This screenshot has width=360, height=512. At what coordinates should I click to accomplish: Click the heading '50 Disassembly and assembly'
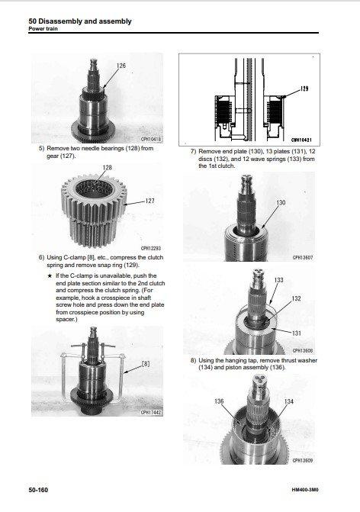[x=80, y=21]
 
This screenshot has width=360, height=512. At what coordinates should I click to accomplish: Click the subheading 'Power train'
[x=43, y=29]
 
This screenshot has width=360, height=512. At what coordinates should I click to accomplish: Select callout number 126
[x=121, y=66]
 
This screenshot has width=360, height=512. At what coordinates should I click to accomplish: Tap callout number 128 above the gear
[x=107, y=168]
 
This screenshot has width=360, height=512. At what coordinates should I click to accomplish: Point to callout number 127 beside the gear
[x=149, y=201]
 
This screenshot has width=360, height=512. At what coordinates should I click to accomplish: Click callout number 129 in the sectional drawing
[x=304, y=89]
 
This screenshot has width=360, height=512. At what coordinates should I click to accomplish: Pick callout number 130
[x=281, y=202]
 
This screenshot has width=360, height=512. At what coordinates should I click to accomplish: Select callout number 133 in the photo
[x=278, y=280]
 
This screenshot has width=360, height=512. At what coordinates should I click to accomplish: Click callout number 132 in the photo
[x=296, y=298]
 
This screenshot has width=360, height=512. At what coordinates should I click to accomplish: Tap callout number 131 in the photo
[x=297, y=333]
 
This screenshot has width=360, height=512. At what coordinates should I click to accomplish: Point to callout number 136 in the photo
[x=219, y=401]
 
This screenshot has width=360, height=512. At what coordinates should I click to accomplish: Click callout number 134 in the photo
[x=289, y=401]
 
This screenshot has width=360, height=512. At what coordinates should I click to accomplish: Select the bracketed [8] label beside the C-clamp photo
[x=146, y=363]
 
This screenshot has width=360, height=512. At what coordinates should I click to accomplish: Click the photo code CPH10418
[x=151, y=140]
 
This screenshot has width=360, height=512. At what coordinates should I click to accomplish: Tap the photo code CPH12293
[x=151, y=248]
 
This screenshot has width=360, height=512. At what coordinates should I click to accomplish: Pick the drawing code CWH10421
[x=301, y=140]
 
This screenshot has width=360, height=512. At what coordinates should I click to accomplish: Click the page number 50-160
[x=38, y=490]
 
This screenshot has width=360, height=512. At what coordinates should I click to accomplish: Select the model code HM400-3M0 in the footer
[x=305, y=490]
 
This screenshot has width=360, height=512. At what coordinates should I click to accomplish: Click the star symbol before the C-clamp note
[x=50, y=276]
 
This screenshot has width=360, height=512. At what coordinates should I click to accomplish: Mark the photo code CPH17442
[x=151, y=412]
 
